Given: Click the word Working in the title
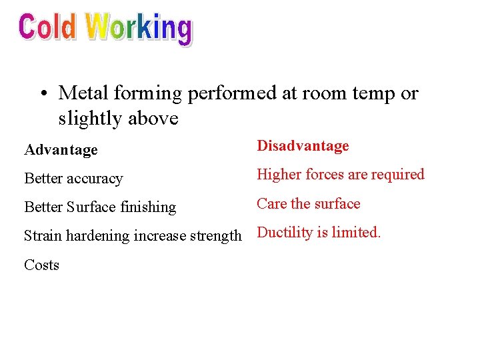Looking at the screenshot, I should (139, 29).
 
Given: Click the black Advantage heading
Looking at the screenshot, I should (61, 150).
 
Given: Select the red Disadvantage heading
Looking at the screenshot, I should (303, 146).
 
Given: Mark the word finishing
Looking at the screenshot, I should (149, 207).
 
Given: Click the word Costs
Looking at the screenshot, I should (41, 265).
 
